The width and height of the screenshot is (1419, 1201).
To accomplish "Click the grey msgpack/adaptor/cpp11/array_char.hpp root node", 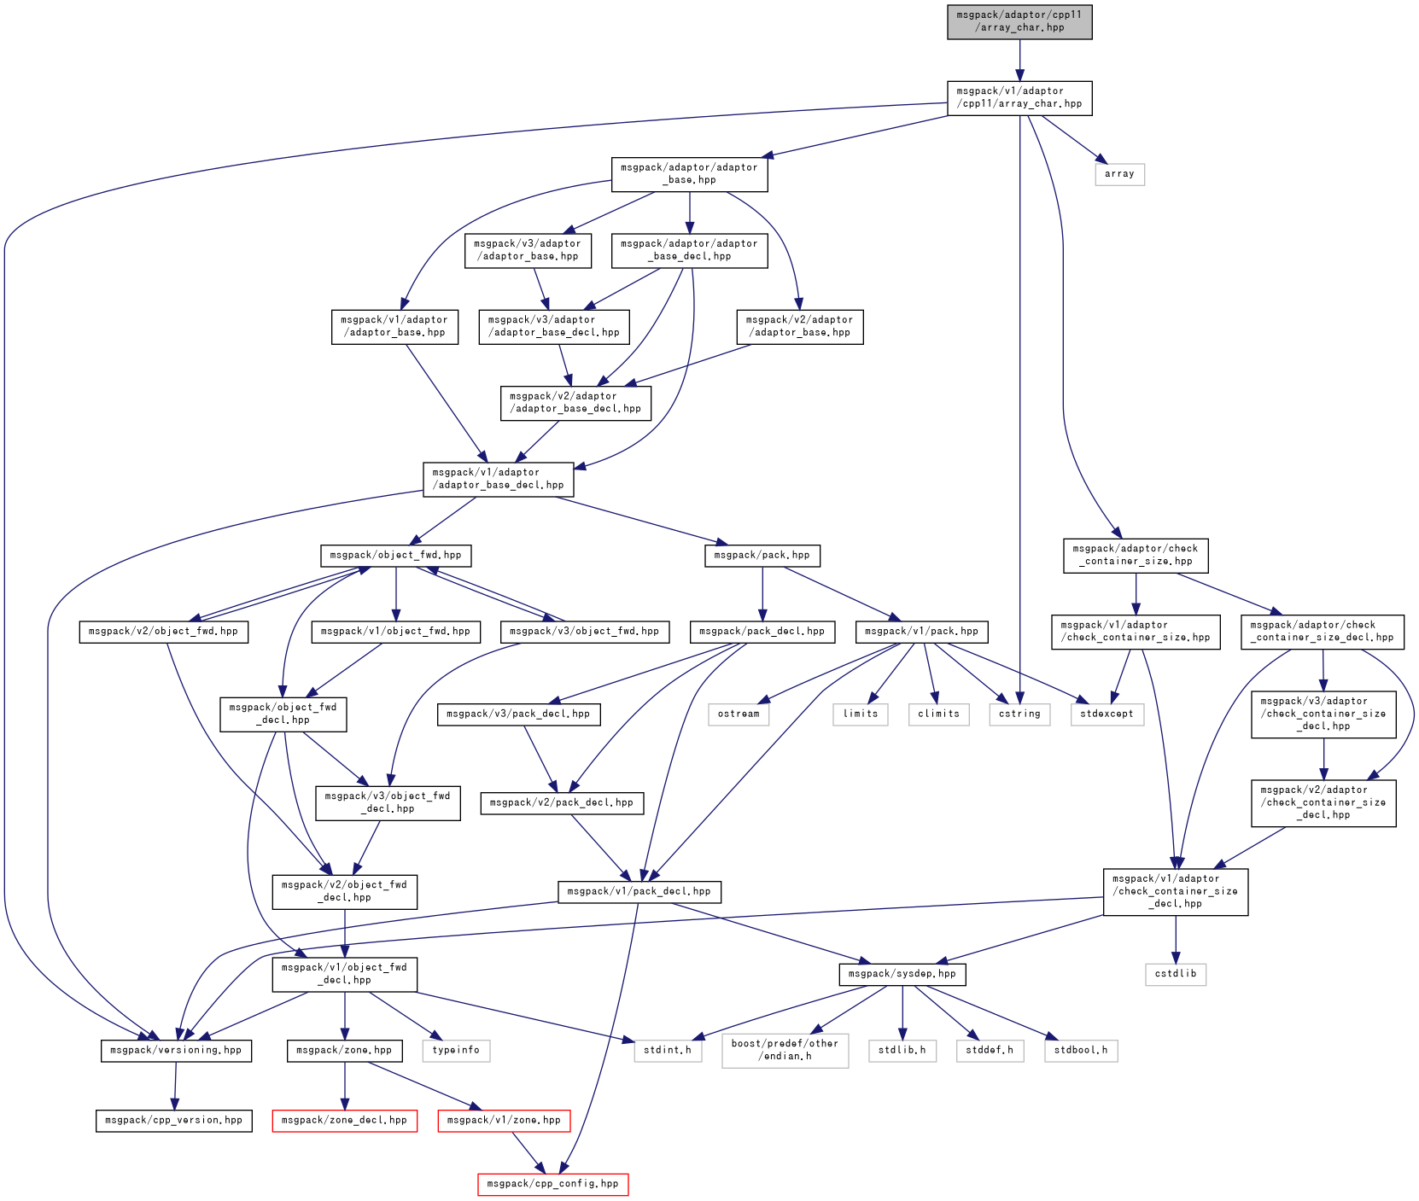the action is [x=1019, y=21].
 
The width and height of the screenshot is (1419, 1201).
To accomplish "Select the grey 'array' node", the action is [x=1119, y=174].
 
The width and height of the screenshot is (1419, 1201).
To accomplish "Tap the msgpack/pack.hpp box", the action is [x=762, y=556].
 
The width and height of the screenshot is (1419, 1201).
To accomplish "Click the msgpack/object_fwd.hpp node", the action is [x=395, y=556].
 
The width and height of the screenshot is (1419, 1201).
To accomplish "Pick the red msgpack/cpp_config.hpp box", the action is [x=552, y=1184].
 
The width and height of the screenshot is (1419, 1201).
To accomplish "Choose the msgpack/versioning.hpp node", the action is [x=176, y=1051].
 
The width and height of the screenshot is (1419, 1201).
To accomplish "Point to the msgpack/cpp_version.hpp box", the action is [x=173, y=1121].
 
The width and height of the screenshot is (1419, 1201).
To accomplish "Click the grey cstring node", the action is [x=1019, y=714].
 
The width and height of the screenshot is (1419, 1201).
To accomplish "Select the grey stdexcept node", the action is [x=1107, y=714].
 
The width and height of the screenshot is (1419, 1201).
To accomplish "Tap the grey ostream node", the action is [x=739, y=714].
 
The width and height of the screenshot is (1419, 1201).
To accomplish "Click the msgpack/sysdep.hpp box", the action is [x=902, y=974].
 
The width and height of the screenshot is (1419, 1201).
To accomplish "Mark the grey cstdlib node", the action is [x=1176, y=974].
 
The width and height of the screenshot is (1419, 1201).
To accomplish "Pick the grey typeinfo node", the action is [x=456, y=1051].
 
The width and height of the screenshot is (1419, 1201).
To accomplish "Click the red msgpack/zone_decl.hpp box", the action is [x=344, y=1121].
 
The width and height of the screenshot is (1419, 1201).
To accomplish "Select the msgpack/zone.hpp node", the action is [x=344, y=1051].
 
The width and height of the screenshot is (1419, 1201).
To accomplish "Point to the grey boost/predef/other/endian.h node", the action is [x=785, y=1051].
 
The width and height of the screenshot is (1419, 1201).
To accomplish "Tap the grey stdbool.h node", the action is [x=1081, y=1051].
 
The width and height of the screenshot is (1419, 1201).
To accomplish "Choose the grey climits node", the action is [x=939, y=714].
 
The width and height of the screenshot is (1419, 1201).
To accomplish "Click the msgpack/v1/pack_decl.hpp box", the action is [x=639, y=892].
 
